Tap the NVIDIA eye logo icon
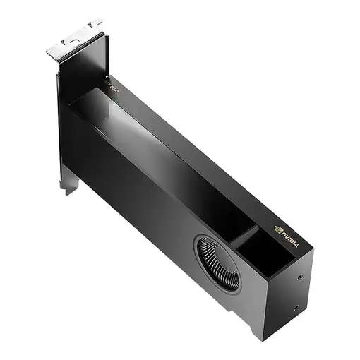(x=277, y=229)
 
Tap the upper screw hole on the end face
(x=303, y=277)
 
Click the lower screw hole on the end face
(x=294, y=308)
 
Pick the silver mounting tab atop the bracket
(x=73, y=41)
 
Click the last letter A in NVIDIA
(x=296, y=244)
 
